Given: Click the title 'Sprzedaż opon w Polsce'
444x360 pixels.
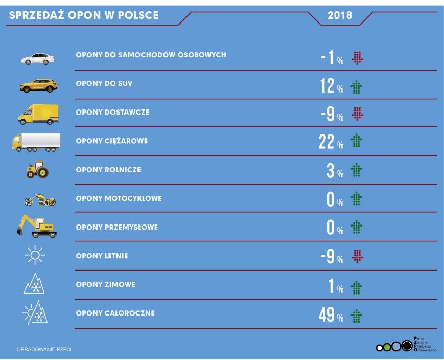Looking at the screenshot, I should (x=84, y=15).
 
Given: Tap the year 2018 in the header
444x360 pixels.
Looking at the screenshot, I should (x=340, y=15).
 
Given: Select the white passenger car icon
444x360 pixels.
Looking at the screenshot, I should (x=37, y=59).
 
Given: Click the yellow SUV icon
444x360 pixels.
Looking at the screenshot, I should (x=38, y=86).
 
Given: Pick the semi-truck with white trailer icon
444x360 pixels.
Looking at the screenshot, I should (x=36, y=142).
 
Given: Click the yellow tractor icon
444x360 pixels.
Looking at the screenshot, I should (x=37, y=169).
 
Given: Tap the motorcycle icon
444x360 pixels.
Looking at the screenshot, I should (x=39, y=199).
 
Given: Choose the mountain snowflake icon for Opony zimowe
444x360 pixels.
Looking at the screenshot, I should (x=34, y=284).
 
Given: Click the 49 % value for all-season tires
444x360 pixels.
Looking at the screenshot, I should (x=331, y=316).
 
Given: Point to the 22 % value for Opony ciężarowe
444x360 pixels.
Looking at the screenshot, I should (x=331, y=143).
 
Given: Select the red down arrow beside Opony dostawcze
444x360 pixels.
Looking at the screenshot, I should (x=357, y=115).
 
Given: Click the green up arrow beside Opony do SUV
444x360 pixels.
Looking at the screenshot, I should (x=357, y=87).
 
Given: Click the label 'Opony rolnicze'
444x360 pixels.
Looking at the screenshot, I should (x=108, y=170).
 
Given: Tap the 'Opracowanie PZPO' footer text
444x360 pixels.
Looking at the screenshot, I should (x=43, y=349).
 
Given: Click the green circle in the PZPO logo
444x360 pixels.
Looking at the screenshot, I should (x=387, y=348).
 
